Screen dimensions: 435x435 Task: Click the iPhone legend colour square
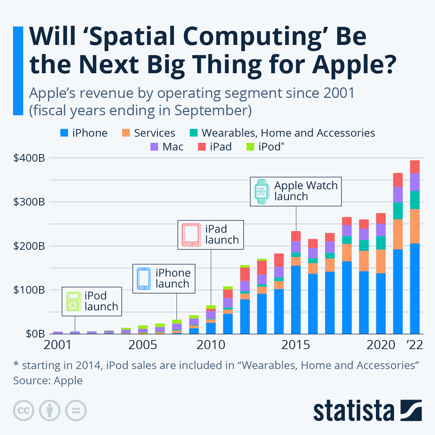64,133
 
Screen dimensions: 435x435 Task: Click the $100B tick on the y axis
29,290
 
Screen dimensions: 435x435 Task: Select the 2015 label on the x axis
295,345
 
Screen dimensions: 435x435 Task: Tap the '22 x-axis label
414,345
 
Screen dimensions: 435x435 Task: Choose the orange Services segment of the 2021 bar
398,234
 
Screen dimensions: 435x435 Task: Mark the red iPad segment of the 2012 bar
245,274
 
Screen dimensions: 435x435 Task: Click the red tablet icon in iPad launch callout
191,235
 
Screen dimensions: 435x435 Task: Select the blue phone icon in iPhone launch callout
144,278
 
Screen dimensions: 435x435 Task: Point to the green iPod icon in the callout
74,302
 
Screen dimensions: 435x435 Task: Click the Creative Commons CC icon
24,411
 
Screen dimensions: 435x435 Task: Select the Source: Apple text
48,380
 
